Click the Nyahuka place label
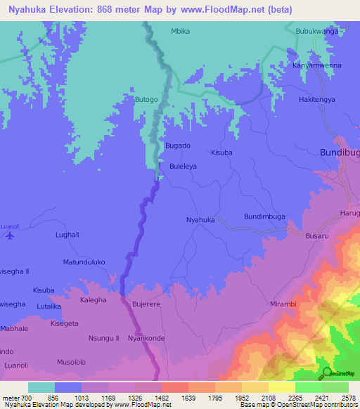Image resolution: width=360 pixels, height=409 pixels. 200,220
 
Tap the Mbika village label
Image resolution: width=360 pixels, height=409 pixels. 181,32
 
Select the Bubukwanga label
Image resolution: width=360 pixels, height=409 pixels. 317,32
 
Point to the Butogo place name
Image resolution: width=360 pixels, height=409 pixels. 146,100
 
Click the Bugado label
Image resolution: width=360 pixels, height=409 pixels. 177,145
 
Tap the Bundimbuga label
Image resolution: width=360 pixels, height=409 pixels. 264,216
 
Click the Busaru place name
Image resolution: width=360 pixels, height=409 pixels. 317,237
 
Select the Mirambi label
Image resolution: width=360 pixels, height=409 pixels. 284,304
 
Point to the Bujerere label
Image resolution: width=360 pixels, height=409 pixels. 147,304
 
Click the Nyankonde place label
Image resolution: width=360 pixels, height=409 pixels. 146,338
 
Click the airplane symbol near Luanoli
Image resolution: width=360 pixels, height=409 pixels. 8,235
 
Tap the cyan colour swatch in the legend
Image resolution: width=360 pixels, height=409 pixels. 41,387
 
